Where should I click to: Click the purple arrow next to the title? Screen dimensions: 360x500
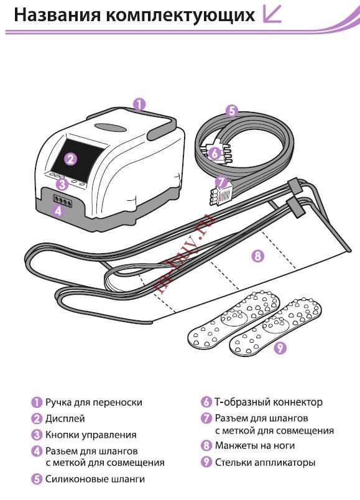tap(272, 14)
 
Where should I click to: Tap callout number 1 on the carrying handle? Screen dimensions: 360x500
tap(139, 104)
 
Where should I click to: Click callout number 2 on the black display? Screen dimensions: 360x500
tap(71, 159)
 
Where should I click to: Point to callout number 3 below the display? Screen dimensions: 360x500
tap(63, 184)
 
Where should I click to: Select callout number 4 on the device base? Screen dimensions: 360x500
tap(58, 210)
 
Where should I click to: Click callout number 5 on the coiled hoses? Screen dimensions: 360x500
tap(232, 111)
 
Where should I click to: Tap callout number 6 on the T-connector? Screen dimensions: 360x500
tap(215, 154)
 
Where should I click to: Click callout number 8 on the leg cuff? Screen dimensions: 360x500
tap(257, 255)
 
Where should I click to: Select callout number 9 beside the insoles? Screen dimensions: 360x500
tap(280, 347)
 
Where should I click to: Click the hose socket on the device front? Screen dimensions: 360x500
tap(63, 201)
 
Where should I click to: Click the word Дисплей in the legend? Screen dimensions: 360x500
tap(65, 419)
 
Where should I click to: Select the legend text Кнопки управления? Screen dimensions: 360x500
tap(91, 435)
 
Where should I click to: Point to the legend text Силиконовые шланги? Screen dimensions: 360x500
tap(95, 479)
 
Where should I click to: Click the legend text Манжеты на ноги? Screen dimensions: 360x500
tap(255, 445)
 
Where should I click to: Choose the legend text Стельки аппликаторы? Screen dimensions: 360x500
tap(265, 462)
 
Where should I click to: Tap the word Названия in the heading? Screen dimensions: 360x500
tap(57, 15)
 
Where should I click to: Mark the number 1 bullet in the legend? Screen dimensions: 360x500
tap(37, 402)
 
